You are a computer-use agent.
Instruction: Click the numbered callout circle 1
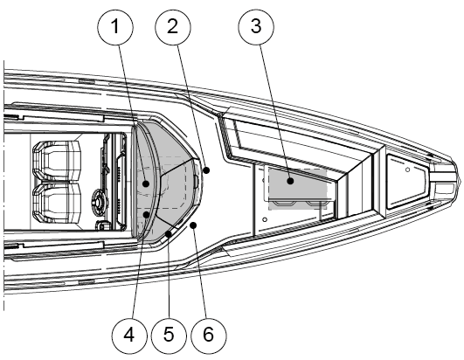point(115,27)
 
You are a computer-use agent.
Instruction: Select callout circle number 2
point(173,27)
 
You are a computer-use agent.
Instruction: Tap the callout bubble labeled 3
point(256,27)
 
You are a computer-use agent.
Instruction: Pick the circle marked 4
point(129,336)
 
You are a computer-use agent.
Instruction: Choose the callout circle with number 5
point(169,336)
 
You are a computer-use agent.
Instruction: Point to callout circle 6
point(209,336)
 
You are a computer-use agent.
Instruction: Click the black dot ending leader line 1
point(146,183)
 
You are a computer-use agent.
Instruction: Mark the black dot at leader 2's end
point(207,170)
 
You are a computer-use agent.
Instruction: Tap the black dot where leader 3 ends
point(291,181)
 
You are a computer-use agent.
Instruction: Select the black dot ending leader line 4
point(146,214)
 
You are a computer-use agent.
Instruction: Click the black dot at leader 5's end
point(169,234)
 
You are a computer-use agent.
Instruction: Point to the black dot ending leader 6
point(193,225)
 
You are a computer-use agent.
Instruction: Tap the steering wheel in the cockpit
point(99,202)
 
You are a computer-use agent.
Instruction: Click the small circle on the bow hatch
point(407,170)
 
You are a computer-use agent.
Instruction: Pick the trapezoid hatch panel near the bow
point(407,182)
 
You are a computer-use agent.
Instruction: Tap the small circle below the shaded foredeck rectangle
point(265,220)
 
